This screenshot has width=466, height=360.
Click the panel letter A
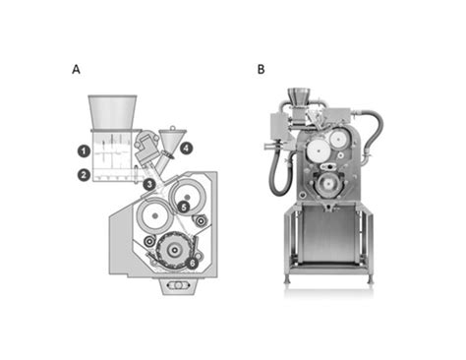(76, 70)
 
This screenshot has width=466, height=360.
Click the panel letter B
(261, 70)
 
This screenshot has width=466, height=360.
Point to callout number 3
(148, 184)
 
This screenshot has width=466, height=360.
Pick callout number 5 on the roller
(183, 207)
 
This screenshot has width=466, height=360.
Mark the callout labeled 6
(192, 263)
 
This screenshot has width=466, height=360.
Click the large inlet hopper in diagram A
(113, 112)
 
